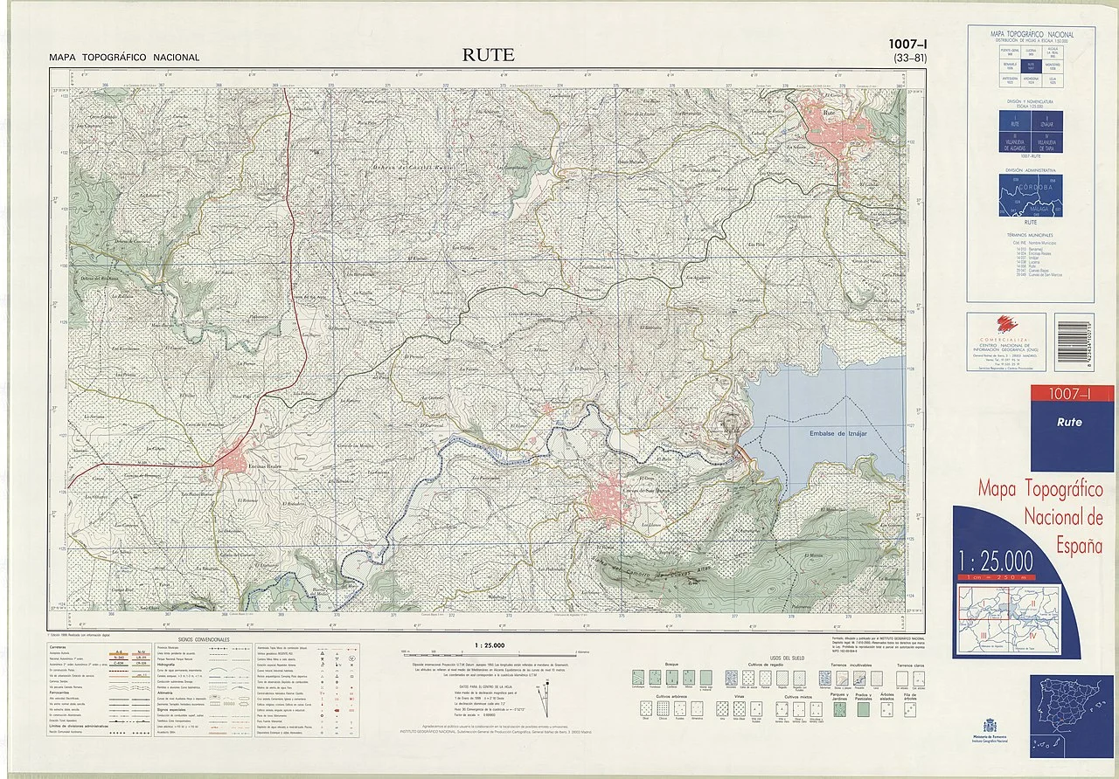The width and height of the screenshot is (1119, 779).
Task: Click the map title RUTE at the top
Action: pos(489,55)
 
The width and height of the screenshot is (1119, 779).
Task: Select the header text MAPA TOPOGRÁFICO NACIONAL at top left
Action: pos(124,58)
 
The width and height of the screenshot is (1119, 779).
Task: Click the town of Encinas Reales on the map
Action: pos(234,459)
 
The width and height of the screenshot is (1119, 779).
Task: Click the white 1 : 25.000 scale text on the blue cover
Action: pos(995,560)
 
